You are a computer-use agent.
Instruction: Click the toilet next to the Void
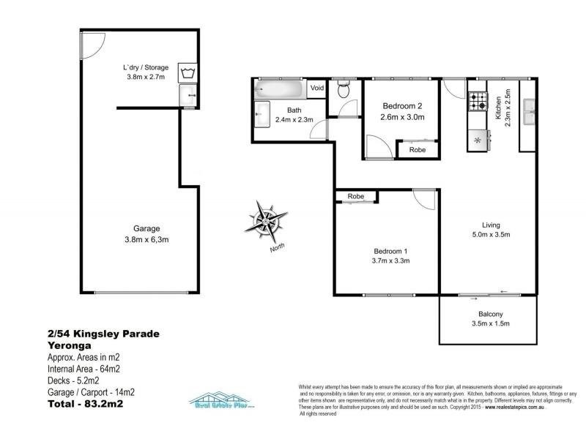tap(343, 90)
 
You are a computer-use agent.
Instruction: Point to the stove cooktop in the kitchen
tap(478, 102)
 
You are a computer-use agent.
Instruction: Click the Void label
tap(316, 89)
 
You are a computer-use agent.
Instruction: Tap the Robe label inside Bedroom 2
tap(417, 149)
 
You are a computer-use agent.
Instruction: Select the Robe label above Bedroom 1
tap(356, 197)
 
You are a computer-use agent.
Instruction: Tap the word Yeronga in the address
tap(67, 346)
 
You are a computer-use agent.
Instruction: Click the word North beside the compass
tap(278, 247)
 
